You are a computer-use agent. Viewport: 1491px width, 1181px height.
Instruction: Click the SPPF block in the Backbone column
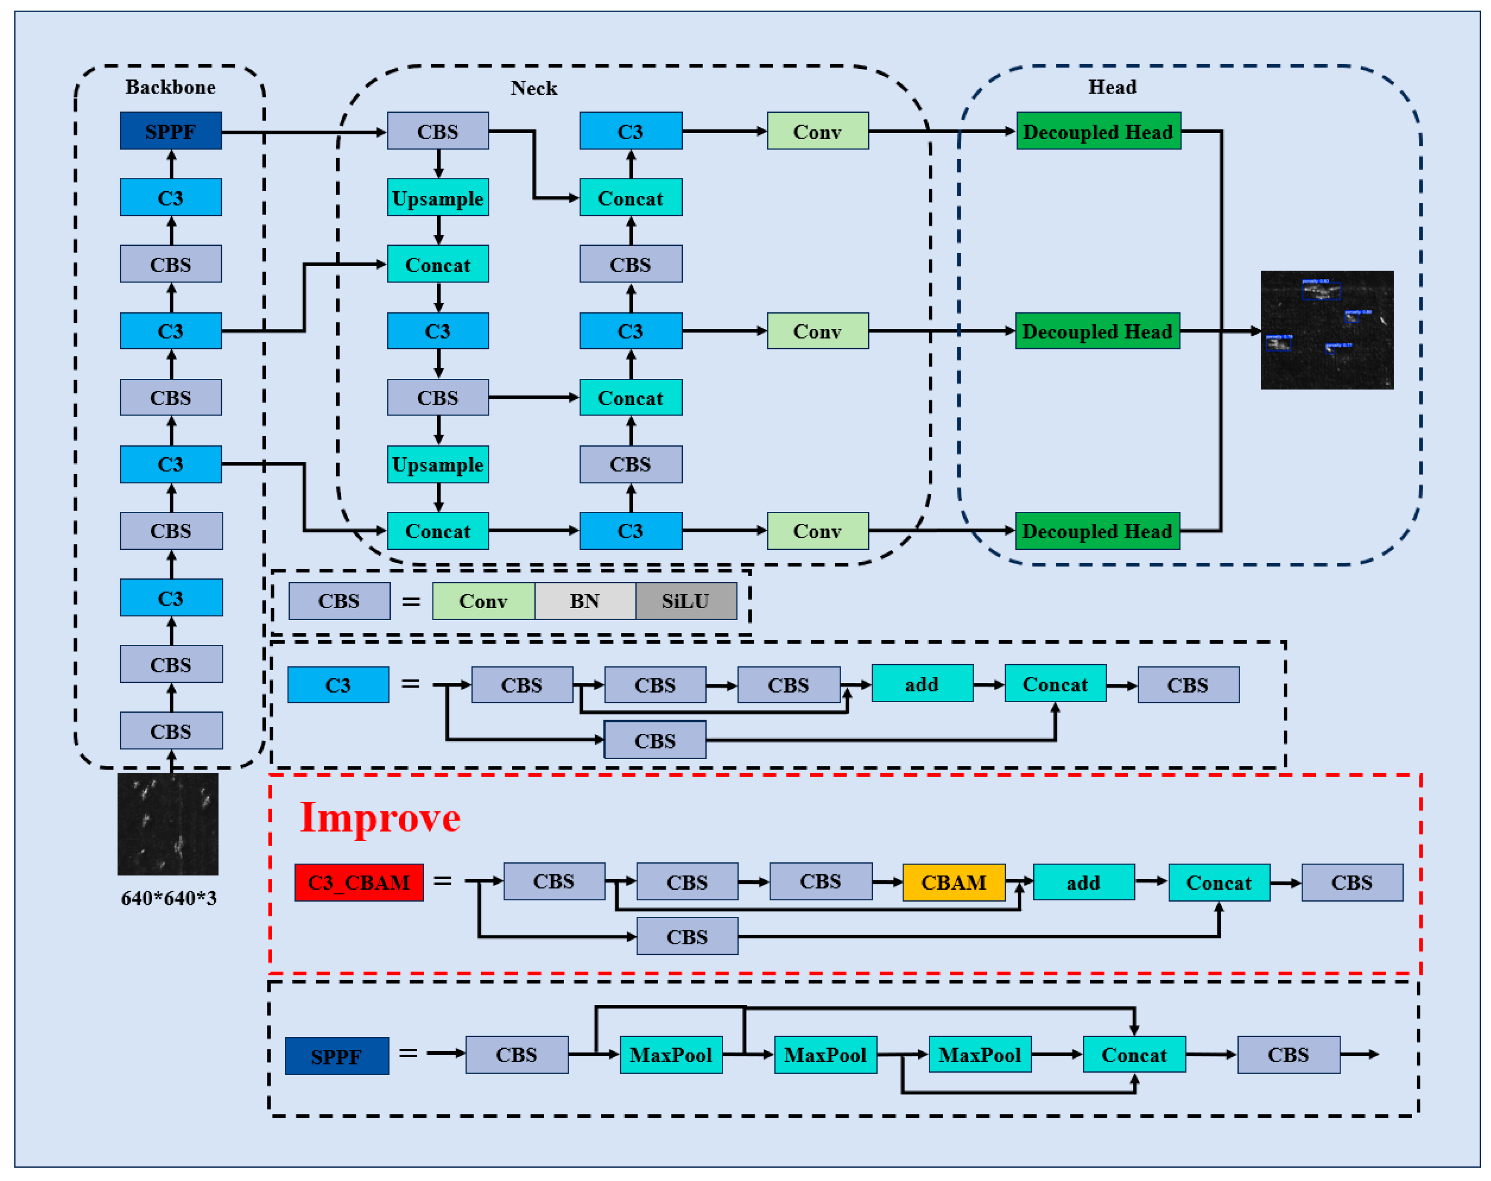[171, 131]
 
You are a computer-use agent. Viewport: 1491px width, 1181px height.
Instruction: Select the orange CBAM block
[953, 882]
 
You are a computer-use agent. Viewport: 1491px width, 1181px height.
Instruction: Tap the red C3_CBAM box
[359, 882]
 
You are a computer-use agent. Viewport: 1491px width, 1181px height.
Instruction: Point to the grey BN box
[584, 601]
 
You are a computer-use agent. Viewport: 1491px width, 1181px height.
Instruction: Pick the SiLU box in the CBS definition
[686, 601]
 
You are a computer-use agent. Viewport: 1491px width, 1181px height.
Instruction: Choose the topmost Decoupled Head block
[1097, 131]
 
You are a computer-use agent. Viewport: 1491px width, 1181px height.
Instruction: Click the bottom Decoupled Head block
[1097, 530]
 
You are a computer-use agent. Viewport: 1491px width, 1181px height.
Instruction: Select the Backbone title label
[170, 87]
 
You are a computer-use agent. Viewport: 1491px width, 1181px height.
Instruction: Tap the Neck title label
[534, 88]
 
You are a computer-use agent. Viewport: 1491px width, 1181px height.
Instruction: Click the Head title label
[1112, 87]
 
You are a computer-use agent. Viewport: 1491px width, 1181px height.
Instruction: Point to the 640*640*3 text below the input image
[169, 898]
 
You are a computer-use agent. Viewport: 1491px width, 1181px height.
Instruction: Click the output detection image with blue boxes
[1326, 330]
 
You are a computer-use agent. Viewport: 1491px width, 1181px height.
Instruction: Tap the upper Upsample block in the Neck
[438, 198]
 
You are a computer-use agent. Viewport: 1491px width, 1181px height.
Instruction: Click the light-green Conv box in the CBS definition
[483, 601]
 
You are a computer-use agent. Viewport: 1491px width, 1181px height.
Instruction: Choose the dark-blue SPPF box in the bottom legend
[337, 1056]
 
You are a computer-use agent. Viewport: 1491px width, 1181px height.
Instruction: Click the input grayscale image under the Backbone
[168, 824]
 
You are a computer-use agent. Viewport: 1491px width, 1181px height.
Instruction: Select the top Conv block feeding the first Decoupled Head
[817, 131]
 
